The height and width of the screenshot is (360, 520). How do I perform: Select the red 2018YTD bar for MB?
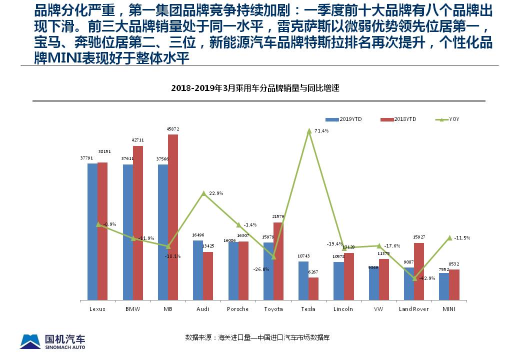tap(172, 217)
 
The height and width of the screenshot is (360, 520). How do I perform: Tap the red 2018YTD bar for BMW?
tap(137, 223)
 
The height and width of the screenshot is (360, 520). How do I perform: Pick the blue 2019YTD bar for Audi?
tap(198, 270)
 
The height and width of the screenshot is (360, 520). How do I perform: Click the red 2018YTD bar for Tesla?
tap(313, 288)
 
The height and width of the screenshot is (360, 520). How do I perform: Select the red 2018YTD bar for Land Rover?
tap(419, 271)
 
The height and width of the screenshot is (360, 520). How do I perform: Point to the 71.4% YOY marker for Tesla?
tap(309, 130)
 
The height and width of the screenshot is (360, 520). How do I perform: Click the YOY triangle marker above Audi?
tap(203, 193)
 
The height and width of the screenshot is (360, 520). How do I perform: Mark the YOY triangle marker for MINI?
tap(449, 237)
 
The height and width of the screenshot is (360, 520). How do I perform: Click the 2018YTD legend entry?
tap(397, 119)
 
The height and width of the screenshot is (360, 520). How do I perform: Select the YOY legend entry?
tap(447, 119)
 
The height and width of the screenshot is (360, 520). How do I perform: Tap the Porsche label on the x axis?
tap(237, 309)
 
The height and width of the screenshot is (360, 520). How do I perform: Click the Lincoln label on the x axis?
tap(343, 309)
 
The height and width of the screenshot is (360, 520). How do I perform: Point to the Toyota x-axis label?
tap(273, 309)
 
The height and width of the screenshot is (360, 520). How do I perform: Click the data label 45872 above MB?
tap(172, 129)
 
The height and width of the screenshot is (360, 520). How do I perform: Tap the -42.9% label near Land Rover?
tap(426, 278)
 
